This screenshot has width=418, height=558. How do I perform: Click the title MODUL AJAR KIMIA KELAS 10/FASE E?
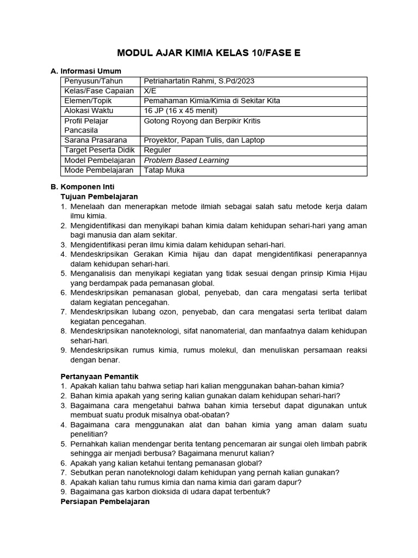[209, 53]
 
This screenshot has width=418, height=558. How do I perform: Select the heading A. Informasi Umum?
[85, 71]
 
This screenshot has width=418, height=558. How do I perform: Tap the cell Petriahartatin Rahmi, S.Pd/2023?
[199, 81]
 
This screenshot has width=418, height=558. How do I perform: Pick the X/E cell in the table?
[149, 91]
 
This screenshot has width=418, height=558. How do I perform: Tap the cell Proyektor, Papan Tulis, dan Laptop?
[204, 140]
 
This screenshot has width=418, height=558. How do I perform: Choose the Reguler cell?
[157, 150]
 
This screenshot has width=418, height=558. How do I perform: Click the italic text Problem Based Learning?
[186, 160]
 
